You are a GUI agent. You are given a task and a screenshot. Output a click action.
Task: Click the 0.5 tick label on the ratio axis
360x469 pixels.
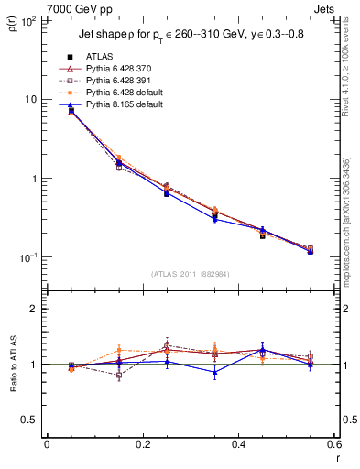[x=29, y=420]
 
